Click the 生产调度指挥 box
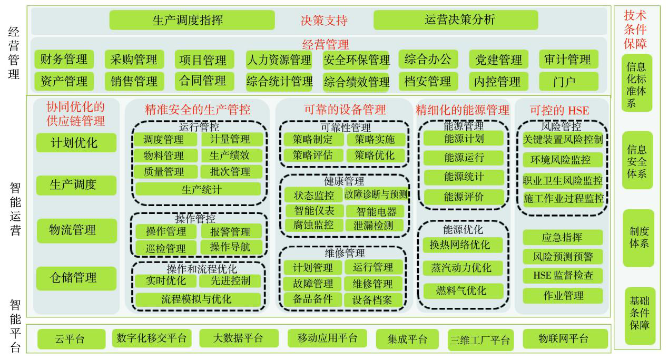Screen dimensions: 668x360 coord(192,20)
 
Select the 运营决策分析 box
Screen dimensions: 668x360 coord(456,20)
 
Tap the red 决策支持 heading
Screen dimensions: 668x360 coord(324,20)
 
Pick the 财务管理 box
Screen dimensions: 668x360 coord(64,59)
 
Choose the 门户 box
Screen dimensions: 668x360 coord(568,81)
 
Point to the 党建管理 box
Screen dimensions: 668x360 coord(498,59)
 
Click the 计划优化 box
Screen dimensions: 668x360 coord(76,142)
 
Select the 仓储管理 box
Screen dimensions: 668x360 coord(76,278)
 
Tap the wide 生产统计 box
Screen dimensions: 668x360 coord(198,189)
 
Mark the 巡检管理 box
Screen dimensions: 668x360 coord(166,248)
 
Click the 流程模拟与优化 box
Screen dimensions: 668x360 coord(198,299)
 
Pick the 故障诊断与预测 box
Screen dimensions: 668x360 coord(376,194)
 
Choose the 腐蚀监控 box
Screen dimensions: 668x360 coord(314,225)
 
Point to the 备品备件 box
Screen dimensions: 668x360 coord(313,299)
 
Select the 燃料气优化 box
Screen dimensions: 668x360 coord(463,290)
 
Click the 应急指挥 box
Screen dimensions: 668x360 coord(563,237)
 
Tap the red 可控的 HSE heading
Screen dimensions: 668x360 coord(559,110)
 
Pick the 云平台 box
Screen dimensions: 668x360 coord(71,339)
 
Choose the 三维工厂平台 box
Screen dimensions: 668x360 coord(480,340)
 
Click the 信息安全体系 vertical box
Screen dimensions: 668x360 coord(637,160)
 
